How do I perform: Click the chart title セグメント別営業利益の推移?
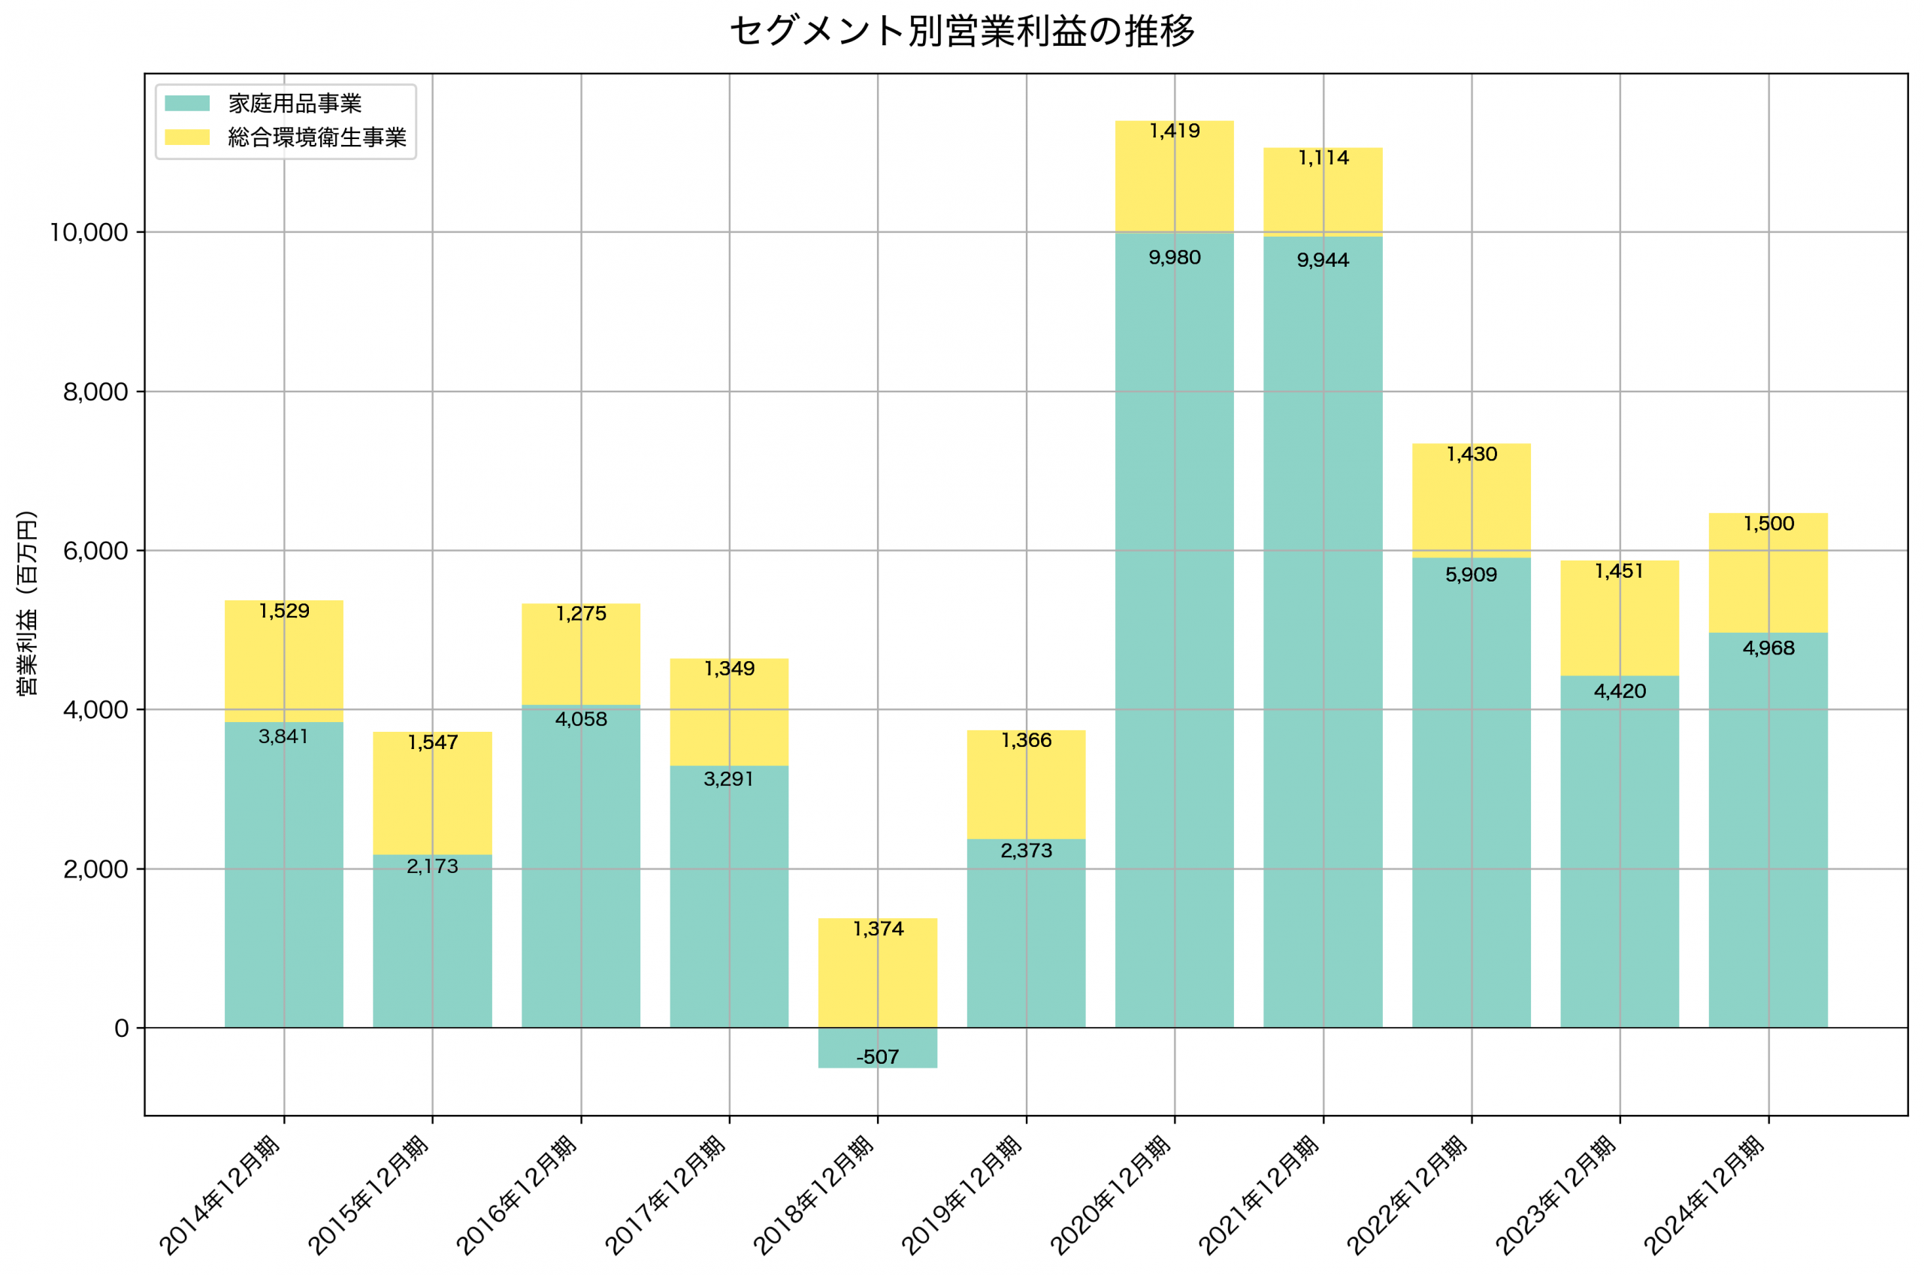pyautogui.click(x=962, y=31)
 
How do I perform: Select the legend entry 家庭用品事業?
pyautogui.click(x=295, y=103)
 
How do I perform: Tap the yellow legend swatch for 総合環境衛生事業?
pyautogui.click(x=187, y=137)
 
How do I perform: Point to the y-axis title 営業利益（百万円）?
pyautogui.click(x=26, y=603)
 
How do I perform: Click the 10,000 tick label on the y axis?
pyautogui.click(x=89, y=233)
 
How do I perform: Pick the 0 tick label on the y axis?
pyautogui.click(x=121, y=1029)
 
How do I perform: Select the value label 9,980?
pyautogui.click(x=1174, y=258)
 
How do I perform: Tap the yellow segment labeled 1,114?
pyautogui.click(x=1323, y=192)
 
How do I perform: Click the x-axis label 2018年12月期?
pyautogui.click(x=814, y=1195)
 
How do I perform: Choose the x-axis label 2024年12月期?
pyautogui.click(x=1705, y=1195)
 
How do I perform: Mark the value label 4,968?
pyautogui.click(x=1768, y=648)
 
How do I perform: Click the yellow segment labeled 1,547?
pyautogui.click(x=433, y=793)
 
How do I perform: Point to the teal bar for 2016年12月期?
pyautogui.click(x=581, y=866)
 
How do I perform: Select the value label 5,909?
pyautogui.click(x=1471, y=575)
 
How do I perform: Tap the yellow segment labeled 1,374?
pyautogui.click(x=877, y=972)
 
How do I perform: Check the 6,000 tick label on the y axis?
pyautogui.click(x=95, y=551)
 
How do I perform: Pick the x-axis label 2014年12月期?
pyautogui.click(x=220, y=1195)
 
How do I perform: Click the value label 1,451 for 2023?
pyautogui.click(x=1619, y=571)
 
